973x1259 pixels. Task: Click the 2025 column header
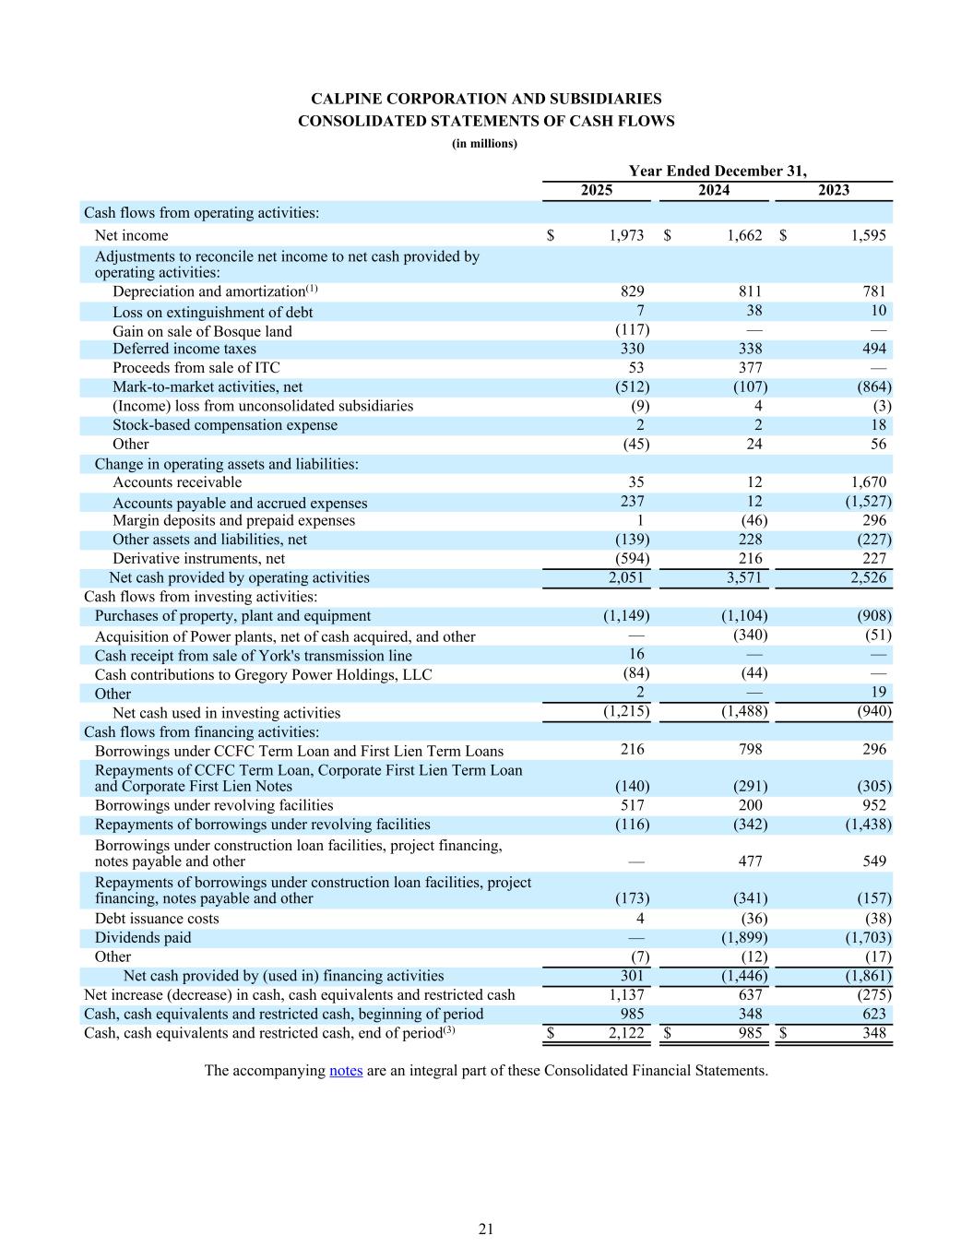click(x=596, y=190)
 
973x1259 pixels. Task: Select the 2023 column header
click(x=834, y=190)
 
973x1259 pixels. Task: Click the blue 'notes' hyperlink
click(x=346, y=1070)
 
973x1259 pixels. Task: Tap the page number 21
click(x=486, y=1229)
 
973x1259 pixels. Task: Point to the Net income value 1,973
click(x=626, y=235)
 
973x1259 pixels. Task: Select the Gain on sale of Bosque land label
click(x=202, y=331)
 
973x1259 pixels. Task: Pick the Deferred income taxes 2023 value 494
click(x=874, y=349)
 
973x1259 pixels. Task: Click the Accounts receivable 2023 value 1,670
click(x=868, y=481)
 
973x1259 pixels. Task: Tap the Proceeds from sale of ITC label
click(x=196, y=368)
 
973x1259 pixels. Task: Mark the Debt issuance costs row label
click(x=157, y=918)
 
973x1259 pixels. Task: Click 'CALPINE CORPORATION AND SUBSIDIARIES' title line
click(x=486, y=99)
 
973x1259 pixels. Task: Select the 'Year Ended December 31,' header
click(x=717, y=171)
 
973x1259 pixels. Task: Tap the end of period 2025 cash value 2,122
click(x=626, y=1033)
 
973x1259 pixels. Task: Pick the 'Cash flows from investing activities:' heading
click(x=201, y=597)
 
